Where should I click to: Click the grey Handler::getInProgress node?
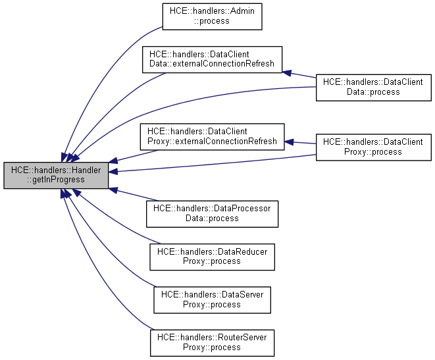(56, 175)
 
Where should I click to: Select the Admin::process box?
(213, 16)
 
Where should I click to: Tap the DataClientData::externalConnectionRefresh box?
(213, 59)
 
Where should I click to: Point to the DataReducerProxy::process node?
(213, 257)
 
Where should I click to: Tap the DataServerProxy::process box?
(213, 299)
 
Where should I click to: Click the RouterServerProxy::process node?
(213, 343)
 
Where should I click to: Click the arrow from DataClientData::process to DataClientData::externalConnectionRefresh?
(299, 73)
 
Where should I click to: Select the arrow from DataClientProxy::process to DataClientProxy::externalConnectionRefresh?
(300, 142)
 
